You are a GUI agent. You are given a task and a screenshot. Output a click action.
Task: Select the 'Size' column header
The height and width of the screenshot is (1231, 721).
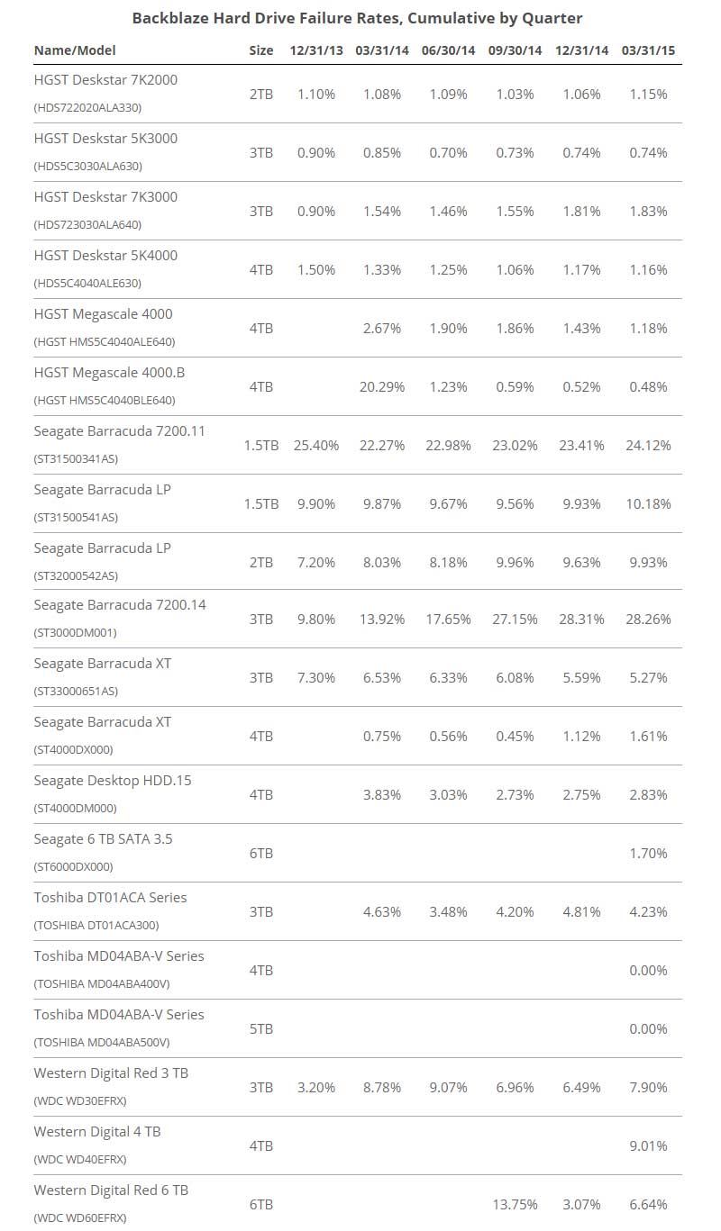(260, 50)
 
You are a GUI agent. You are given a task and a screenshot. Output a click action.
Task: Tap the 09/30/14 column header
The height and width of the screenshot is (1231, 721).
(515, 50)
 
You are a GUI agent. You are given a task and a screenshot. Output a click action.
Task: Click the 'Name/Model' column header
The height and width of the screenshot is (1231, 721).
(75, 50)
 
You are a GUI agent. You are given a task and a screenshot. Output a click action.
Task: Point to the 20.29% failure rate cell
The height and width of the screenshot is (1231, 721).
(381, 387)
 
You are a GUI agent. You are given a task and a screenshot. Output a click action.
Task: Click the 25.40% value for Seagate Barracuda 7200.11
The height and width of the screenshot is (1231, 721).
(316, 445)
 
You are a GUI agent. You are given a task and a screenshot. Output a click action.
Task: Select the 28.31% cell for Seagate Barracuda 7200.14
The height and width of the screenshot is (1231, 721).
(581, 620)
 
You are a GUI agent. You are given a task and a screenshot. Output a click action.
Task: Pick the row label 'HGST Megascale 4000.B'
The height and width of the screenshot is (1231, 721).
(109, 373)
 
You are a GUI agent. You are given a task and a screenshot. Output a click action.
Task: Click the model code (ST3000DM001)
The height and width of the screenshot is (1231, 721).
(75, 632)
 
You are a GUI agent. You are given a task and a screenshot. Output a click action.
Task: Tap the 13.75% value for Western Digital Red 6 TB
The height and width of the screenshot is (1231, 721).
(515, 1205)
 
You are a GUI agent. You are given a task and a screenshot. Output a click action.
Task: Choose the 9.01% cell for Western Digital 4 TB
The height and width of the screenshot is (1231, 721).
(648, 1145)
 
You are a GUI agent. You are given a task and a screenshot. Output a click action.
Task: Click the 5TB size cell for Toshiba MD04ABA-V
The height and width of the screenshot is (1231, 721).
(260, 1028)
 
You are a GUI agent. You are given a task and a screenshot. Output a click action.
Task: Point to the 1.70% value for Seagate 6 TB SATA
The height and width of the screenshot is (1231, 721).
(648, 854)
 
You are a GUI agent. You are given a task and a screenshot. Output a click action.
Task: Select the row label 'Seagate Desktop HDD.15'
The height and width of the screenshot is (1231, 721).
(112, 781)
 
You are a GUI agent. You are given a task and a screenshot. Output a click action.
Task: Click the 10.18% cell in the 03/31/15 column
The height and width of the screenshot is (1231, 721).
(648, 504)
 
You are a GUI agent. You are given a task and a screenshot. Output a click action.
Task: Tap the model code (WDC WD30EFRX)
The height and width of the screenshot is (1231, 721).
(79, 1100)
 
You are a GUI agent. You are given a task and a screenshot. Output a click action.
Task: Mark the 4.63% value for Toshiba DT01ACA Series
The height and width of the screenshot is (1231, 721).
(381, 911)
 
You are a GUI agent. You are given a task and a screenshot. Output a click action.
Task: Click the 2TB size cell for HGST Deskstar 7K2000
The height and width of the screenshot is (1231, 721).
(260, 94)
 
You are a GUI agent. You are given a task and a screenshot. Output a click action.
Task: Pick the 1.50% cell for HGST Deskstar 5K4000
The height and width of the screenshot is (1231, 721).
(316, 270)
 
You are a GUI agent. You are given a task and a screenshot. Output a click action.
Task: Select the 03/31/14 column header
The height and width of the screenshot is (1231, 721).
(381, 50)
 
